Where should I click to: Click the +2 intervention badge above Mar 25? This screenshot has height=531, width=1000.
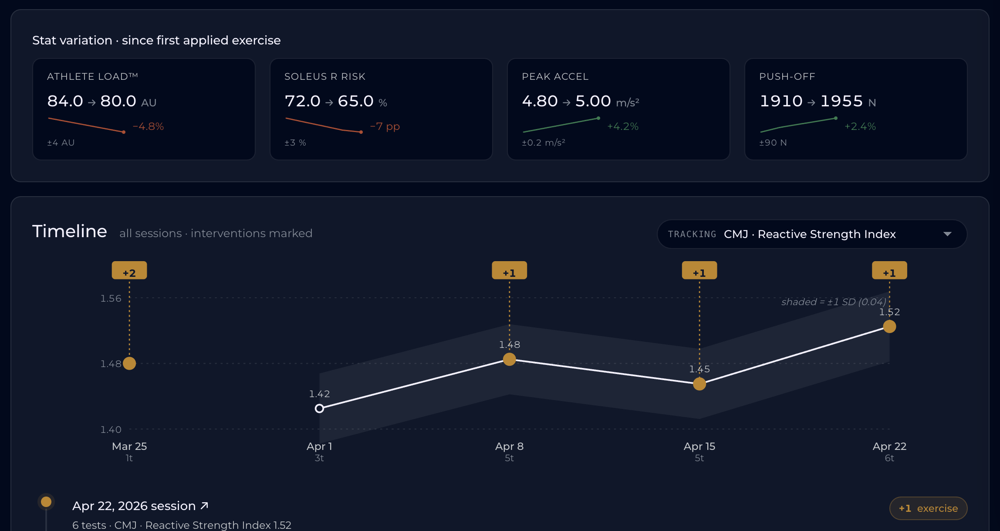[129, 270]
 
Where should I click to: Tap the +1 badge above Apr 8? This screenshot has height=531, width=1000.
[509, 270]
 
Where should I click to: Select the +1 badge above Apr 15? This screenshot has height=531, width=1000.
[699, 270]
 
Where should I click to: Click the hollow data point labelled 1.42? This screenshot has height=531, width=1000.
[319, 408]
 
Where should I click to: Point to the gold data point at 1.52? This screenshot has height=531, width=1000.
[889, 327]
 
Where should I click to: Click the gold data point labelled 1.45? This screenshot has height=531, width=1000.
[699, 384]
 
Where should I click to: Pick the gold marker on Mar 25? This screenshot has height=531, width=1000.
[129, 363]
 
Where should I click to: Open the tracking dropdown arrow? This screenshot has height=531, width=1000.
[947, 234]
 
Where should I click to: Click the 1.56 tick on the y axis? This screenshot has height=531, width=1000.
[111, 299]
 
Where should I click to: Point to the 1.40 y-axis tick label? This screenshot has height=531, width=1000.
[111, 430]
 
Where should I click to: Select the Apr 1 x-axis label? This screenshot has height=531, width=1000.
[319, 446]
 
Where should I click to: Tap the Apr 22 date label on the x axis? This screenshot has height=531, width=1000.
[889, 446]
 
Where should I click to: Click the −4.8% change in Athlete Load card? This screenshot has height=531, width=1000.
[148, 126]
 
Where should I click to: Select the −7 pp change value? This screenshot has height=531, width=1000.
[385, 127]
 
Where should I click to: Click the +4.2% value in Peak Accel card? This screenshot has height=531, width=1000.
[623, 126]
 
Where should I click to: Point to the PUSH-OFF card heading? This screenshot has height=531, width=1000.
[787, 77]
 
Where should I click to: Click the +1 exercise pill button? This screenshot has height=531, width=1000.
[928, 508]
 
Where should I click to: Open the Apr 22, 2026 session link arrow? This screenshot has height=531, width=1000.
[204, 506]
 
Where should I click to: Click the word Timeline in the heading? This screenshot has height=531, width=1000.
[70, 231]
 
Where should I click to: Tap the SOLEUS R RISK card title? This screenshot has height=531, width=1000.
[325, 77]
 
